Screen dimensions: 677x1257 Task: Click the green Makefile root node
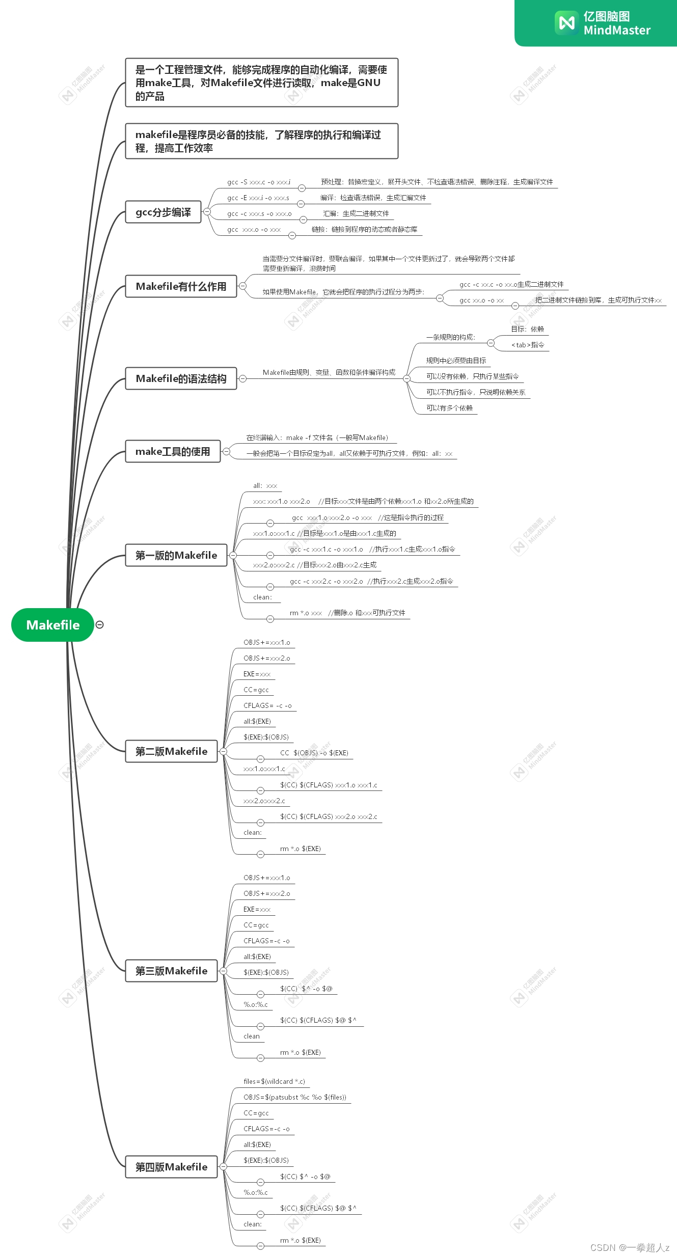(52, 625)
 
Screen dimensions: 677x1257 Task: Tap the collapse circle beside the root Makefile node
(100, 624)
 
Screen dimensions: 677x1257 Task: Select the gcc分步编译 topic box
(163, 212)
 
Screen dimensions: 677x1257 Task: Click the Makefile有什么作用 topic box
(181, 286)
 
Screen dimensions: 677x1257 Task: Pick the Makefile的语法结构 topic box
(181, 378)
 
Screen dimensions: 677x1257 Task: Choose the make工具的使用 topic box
(173, 451)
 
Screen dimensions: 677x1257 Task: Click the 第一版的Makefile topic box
(176, 555)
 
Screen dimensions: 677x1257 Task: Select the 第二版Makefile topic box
(171, 751)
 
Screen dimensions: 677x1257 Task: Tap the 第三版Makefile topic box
(171, 971)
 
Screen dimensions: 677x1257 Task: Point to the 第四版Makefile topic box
(171, 1167)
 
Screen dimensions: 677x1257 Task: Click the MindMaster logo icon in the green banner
(566, 23)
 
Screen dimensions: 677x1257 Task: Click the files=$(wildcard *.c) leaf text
(274, 1081)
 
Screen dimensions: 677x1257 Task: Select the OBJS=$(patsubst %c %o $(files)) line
(294, 1097)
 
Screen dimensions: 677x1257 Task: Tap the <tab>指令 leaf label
(527, 345)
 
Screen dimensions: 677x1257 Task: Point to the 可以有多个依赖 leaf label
(449, 408)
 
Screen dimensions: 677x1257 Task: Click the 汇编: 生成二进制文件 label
(356, 213)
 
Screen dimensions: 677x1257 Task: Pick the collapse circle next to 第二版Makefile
(223, 751)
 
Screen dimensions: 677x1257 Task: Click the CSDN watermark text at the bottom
(630, 1247)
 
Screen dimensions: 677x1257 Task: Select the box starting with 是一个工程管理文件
(261, 83)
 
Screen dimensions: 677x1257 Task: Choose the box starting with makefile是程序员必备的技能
(261, 141)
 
